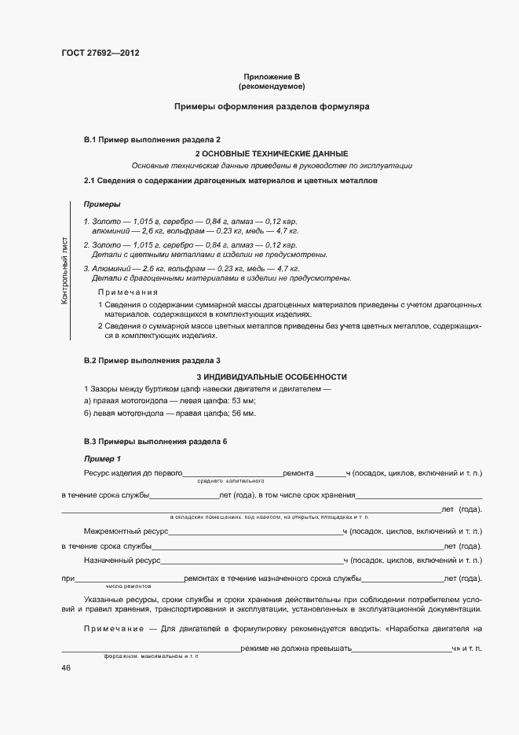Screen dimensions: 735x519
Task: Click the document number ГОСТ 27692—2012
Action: coord(94,53)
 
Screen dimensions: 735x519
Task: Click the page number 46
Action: coord(66,667)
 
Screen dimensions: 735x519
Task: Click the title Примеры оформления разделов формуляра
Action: coord(271,105)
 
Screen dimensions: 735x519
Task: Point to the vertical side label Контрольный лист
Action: coord(64,271)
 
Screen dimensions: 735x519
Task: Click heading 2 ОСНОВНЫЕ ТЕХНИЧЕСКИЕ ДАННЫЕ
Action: coord(271,153)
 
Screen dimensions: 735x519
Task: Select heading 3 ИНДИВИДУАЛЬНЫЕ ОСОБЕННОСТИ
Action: coord(271,377)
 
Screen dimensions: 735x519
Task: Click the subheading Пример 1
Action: coord(102,458)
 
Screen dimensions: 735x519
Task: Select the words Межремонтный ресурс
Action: coord(120,531)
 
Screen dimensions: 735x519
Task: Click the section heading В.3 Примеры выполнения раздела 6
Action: coord(155,441)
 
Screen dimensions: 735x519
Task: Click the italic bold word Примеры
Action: coord(101,204)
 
